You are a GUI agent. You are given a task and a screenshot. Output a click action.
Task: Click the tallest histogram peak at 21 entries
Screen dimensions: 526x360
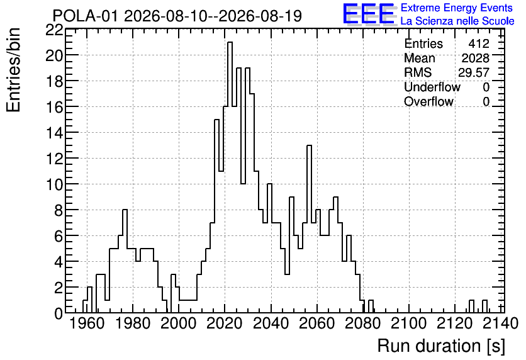tap(230, 43)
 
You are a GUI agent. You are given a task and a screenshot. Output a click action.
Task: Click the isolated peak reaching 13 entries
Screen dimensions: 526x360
tap(310, 146)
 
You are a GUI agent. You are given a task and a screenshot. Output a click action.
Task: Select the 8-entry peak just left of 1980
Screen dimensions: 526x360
tap(125, 210)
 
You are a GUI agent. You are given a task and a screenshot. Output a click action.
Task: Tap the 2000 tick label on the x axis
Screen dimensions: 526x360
tap(178, 323)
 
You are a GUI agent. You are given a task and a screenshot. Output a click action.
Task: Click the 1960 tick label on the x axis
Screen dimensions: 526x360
tap(86, 323)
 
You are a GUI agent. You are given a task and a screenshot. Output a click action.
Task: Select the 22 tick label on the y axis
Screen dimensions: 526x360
tap(55, 30)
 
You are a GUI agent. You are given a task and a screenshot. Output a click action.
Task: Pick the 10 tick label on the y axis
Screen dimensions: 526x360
tap(55, 184)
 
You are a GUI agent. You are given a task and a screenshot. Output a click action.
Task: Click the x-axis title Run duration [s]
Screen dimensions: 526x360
tap(441, 346)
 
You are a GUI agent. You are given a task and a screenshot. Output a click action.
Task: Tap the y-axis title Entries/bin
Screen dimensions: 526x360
tap(14, 70)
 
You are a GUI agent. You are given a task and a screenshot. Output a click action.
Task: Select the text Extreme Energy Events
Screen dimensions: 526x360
tap(457, 8)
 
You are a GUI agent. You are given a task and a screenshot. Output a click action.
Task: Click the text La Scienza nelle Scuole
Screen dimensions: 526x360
tap(457, 21)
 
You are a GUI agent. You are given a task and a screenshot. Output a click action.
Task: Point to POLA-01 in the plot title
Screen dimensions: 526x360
tap(86, 16)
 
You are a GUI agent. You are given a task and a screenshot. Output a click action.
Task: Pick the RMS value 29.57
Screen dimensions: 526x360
tap(474, 72)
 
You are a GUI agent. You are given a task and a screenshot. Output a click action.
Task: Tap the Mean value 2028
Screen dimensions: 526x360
tap(475, 58)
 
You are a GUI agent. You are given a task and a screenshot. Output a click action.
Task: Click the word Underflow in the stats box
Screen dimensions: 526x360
tap(432, 87)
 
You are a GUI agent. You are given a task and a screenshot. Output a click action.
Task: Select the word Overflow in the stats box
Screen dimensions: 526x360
tap(428, 101)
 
